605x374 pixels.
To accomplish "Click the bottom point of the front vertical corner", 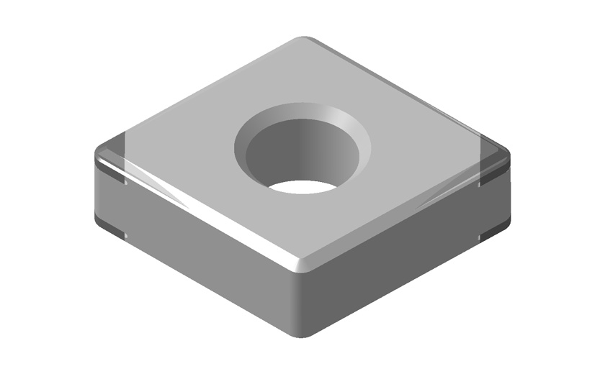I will [x=305, y=335].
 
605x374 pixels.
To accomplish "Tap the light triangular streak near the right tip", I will [x=439, y=198].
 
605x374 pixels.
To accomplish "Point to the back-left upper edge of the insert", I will [x=202, y=93].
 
